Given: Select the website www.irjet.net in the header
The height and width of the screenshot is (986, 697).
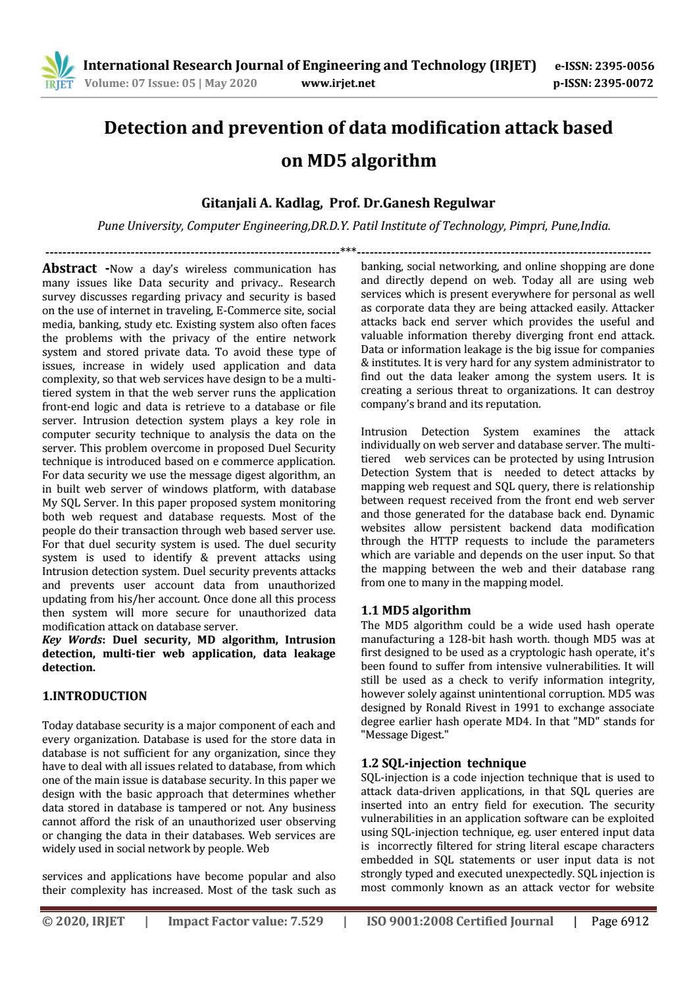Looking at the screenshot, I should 338,83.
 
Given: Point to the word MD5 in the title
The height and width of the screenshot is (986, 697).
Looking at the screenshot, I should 327,160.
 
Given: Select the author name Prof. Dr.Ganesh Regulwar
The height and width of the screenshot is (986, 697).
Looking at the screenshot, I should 412,203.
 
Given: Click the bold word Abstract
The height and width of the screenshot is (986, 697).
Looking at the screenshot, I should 69,268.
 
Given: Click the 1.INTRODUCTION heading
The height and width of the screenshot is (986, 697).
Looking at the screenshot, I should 94,696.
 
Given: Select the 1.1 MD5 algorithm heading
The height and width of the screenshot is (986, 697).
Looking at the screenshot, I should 415,610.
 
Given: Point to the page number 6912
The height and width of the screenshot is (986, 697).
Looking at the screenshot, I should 634,921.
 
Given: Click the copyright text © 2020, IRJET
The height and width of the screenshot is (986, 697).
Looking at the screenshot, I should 83,921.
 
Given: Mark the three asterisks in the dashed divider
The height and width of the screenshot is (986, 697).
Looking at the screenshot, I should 348,251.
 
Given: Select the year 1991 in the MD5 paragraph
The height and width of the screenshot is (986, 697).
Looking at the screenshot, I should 502,707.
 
